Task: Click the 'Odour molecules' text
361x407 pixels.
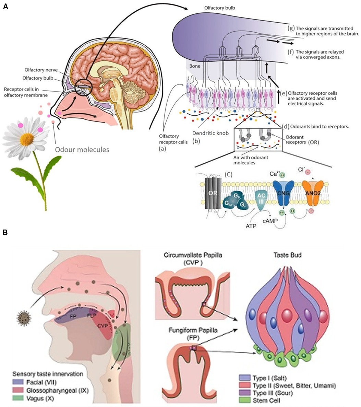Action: [83, 149]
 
